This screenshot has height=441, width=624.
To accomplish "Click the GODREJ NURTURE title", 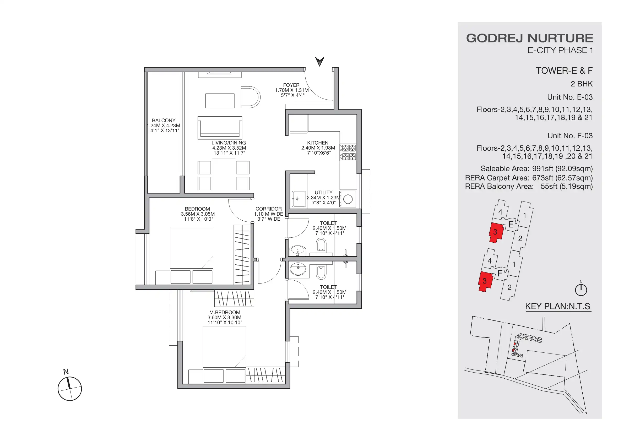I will point(529,38).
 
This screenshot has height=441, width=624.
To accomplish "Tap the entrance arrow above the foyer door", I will point(319,61).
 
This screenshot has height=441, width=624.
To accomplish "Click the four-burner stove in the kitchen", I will point(349,152).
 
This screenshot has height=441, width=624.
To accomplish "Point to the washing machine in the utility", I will point(348,199).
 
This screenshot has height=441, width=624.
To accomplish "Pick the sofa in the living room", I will point(220,128).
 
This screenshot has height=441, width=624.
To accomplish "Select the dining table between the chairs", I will point(223,176).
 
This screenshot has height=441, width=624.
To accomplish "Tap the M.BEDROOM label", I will point(225,313).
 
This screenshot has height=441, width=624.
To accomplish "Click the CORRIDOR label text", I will point(269,209).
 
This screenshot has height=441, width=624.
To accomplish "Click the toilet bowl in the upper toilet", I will point(321,244).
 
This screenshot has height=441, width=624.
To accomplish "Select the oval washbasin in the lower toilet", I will point(298,269).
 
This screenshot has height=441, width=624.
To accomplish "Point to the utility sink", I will point(299,199).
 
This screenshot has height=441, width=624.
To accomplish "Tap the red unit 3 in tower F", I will point(485,281).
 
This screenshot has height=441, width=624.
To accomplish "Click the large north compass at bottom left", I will point(69,389).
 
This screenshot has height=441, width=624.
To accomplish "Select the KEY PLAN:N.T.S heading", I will point(557,306).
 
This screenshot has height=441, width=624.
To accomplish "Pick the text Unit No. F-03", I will point(570,135).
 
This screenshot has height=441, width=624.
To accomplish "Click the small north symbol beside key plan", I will point(581,290).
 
